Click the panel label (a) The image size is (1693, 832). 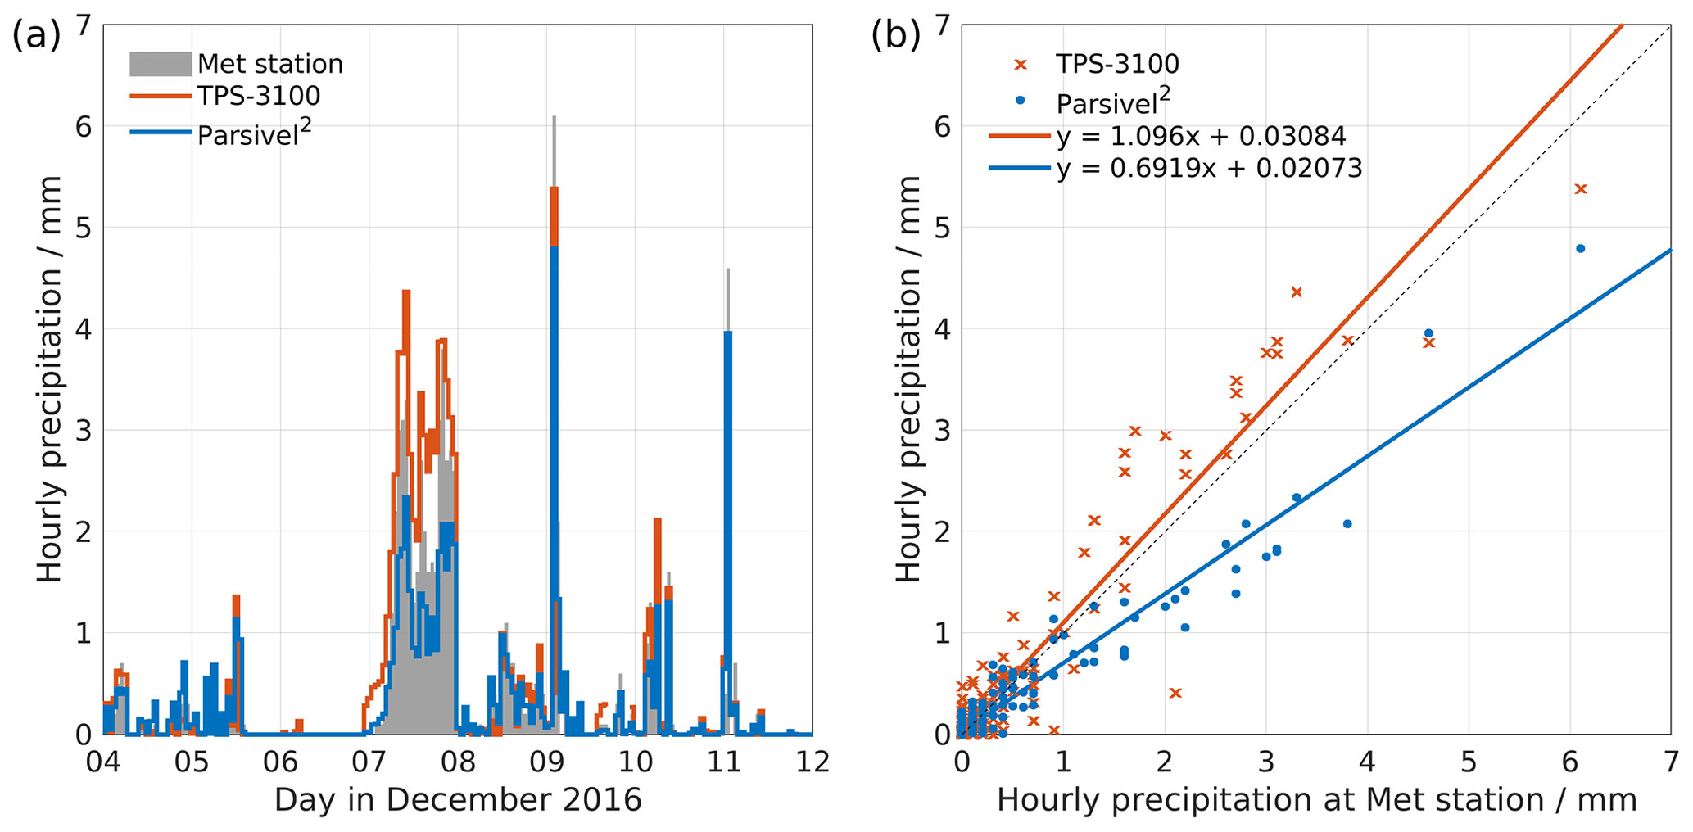click(36, 37)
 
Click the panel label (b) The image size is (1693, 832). click(895, 37)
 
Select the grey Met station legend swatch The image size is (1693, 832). click(161, 64)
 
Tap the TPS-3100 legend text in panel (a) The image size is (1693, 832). click(259, 96)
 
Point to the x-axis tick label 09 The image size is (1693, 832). click(546, 762)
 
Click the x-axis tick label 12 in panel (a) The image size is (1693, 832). click(812, 762)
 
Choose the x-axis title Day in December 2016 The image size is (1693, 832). click(457, 800)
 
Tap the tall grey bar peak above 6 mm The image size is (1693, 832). click(554, 120)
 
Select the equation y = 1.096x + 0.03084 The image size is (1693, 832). click(1201, 137)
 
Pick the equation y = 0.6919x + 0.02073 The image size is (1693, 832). click(1209, 169)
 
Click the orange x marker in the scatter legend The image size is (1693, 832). click(1020, 64)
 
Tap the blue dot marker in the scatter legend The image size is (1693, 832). click(1020, 100)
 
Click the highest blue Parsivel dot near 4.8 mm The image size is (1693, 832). click(1580, 248)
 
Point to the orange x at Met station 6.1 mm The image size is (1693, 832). click(1580, 189)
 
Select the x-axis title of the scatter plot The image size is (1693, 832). click(1316, 800)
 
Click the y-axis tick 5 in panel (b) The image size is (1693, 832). click(942, 228)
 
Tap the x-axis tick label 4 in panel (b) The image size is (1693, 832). click(1367, 762)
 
